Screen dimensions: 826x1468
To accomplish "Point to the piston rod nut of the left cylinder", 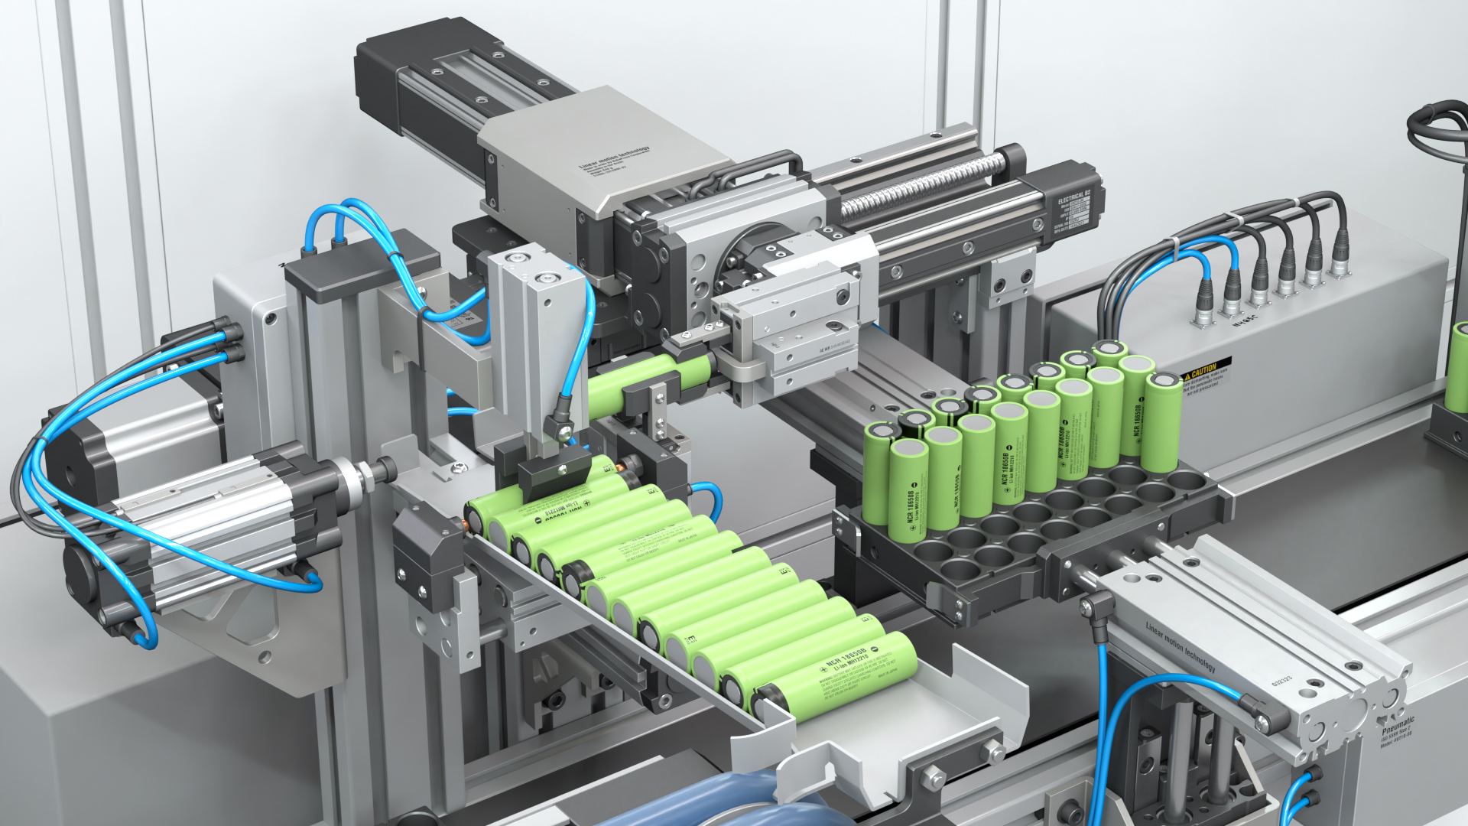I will [367, 475].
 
